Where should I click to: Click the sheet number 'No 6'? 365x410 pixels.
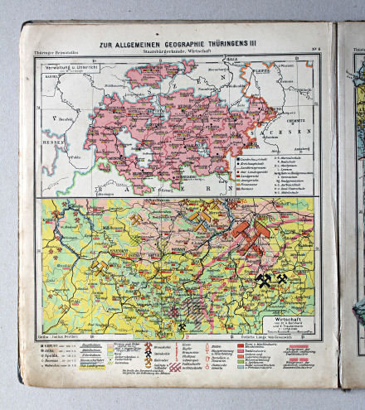click(x=316, y=54)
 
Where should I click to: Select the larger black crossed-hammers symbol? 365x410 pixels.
click(x=264, y=281)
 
